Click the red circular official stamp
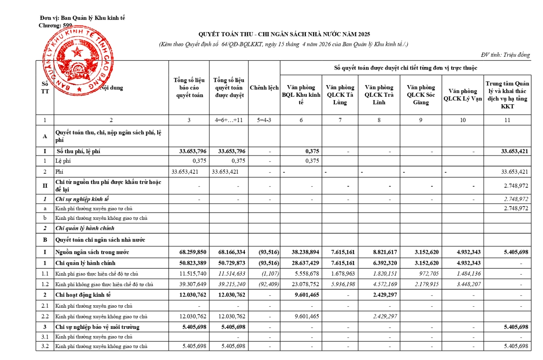78,61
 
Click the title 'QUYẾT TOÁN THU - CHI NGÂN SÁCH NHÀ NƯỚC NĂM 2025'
284,34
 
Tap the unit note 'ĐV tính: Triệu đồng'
505,55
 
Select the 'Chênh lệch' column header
264,88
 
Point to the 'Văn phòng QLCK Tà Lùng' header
340,95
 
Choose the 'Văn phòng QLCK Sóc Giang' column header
421,95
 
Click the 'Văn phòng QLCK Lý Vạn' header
463,95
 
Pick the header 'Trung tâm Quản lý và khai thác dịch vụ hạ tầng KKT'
507,95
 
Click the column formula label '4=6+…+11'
229,120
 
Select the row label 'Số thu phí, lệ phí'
78,151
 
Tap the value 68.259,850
193,252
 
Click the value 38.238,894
305,252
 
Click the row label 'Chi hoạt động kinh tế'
83,295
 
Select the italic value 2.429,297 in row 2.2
385,317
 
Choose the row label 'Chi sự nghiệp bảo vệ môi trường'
97,327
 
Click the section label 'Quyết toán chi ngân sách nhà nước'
100,240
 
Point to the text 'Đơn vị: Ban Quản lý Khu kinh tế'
83,18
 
